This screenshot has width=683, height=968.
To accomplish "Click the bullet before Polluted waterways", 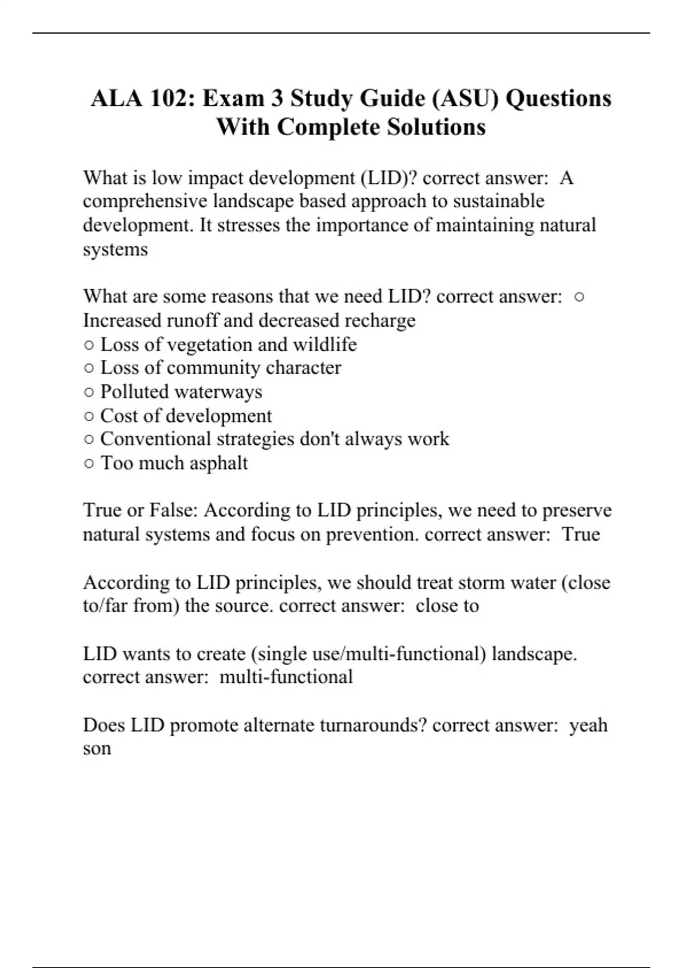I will tap(89, 392).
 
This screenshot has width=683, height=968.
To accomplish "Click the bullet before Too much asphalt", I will tap(89, 464).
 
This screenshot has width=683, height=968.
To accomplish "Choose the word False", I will tap(173, 510).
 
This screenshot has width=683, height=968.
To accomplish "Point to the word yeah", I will tap(589, 725).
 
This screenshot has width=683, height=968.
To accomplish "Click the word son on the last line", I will tap(97, 749).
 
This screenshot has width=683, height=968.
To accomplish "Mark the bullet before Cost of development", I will tap(89, 416).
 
